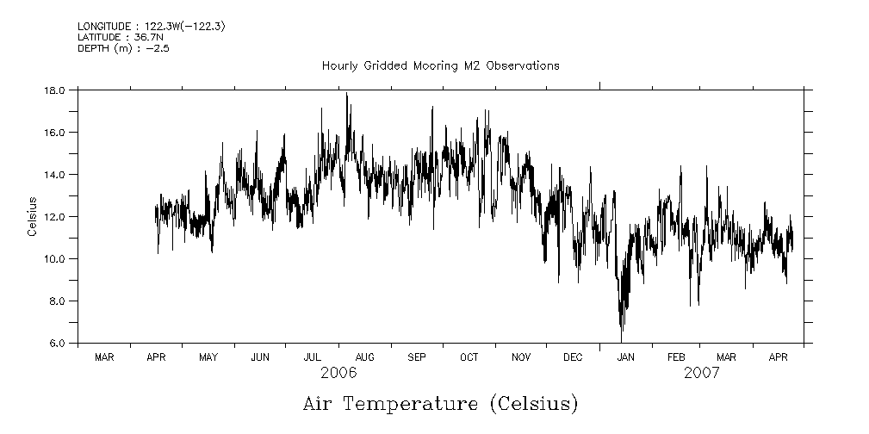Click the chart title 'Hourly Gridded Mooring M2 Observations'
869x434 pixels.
coord(440,65)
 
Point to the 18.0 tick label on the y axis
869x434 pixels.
coord(56,90)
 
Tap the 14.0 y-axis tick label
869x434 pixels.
coord(56,174)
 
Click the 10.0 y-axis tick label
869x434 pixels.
coord(56,258)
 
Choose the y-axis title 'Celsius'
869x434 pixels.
coord(32,216)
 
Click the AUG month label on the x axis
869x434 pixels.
coord(364,356)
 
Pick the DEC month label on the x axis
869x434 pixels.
coord(573,356)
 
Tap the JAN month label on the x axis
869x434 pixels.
coord(625,356)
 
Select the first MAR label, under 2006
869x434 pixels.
coord(104,356)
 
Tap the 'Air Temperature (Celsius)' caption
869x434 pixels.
coord(440,403)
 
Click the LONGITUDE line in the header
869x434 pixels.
coord(140,27)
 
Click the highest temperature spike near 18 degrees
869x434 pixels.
coord(347,95)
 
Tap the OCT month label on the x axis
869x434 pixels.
coord(469,356)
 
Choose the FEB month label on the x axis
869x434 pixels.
coord(676,356)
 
